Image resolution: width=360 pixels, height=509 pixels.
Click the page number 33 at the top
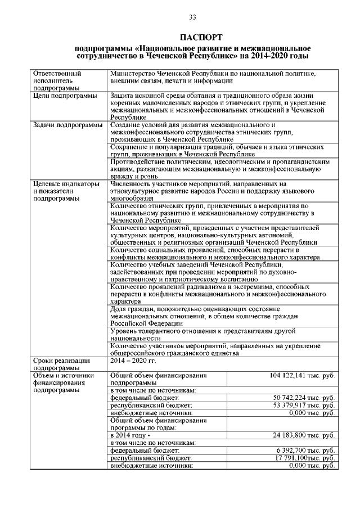[192, 17]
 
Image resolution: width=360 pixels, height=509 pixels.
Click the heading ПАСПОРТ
[192, 37]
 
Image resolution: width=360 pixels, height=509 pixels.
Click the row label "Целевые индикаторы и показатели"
[66, 191]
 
